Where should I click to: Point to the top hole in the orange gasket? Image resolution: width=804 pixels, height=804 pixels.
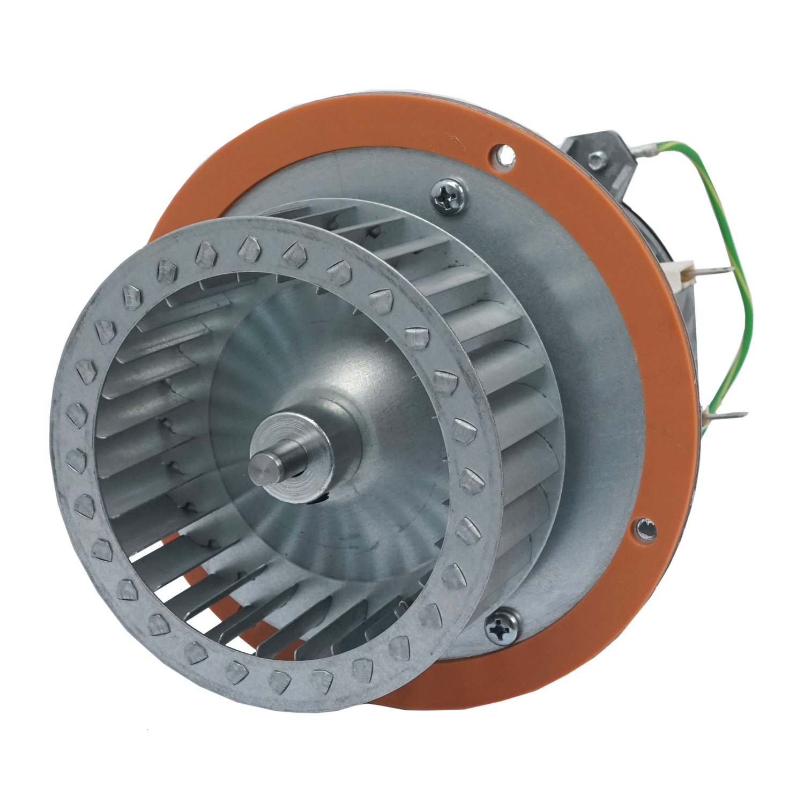[501, 153]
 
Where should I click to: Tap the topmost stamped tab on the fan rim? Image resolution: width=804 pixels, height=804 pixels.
[249, 244]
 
